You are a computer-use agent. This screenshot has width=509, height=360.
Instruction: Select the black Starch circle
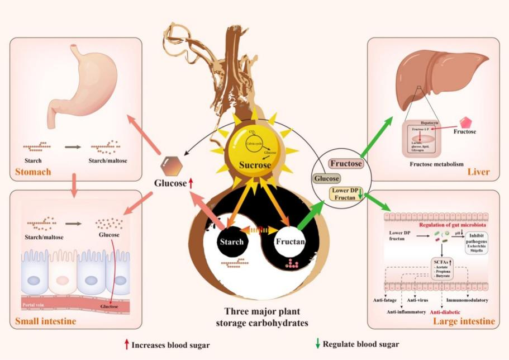231,241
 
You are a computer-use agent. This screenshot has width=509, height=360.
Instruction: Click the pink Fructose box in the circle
346,164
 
